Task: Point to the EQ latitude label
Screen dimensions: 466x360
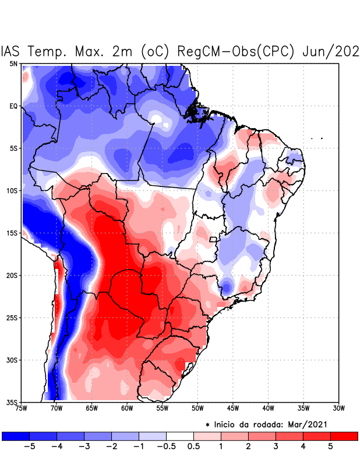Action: (13, 106)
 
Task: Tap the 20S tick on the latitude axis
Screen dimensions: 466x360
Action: (12, 275)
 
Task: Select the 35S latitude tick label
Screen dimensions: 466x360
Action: (12, 403)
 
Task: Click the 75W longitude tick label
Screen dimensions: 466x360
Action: (22, 408)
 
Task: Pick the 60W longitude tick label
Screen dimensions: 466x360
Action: (126, 408)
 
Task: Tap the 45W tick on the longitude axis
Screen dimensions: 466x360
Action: (232, 408)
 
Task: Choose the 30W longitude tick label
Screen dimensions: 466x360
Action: (338, 408)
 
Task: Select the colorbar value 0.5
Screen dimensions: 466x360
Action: (193, 446)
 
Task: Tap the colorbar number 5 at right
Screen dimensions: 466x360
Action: (330, 446)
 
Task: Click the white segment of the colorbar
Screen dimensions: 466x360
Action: (179, 436)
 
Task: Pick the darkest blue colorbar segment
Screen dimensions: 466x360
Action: (15, 436)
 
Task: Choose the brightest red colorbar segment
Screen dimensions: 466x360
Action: (344, 436)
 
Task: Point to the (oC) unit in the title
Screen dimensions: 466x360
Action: (154, 51)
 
